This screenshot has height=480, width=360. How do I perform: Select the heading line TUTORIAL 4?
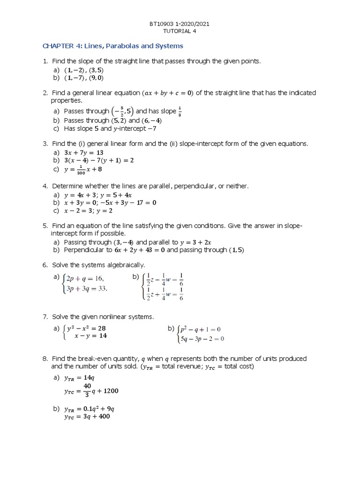coord(180,31)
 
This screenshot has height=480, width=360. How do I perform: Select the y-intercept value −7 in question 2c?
coord(151,128)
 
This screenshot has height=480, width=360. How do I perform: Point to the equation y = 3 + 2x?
coord(198,242)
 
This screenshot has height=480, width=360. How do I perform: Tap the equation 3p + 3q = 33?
coord(87,288)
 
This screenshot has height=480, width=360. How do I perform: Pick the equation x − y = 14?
coord(90,336)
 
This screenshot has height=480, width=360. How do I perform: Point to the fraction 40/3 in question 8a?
coord(87,390)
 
